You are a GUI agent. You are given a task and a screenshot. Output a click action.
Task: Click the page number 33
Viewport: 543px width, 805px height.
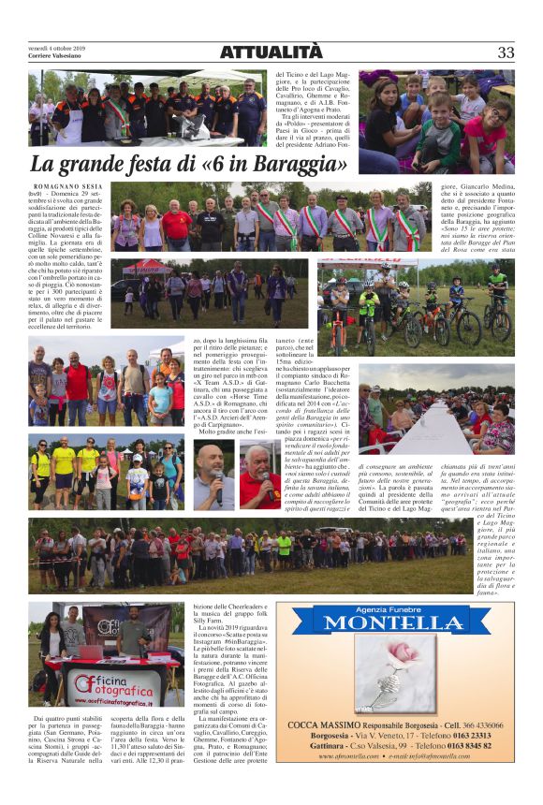pyautogui.click(x=506, y=52)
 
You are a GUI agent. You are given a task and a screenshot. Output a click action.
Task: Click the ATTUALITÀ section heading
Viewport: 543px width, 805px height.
pyautogui.click(x=271, y=52)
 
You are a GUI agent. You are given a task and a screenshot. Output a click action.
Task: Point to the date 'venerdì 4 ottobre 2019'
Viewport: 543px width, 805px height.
pyautogui.click(x=56, y=48)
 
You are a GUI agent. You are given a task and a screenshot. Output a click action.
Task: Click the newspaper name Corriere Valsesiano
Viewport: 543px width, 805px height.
pyautogui.click(x=57, y=57)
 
